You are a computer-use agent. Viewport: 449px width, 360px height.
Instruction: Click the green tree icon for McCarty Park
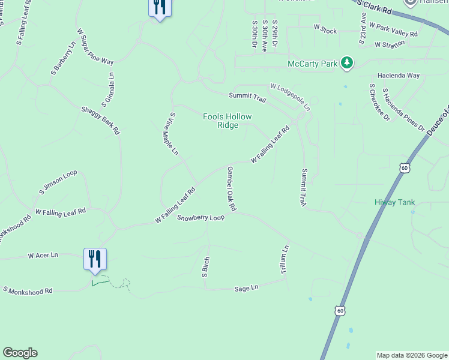[346, 63]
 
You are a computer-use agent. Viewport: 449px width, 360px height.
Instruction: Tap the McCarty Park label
[313, 64]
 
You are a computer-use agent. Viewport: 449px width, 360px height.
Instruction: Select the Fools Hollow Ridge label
[228, 121]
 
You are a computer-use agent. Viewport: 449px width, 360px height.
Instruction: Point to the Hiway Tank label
[394, 203]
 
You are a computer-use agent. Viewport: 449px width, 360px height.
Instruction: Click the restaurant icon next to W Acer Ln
[95, 259]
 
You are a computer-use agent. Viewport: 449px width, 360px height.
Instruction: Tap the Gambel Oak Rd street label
[231, 188]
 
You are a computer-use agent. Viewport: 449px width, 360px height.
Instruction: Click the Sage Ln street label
[246, 289]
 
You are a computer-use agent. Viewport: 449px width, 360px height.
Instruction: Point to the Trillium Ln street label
[286, 260]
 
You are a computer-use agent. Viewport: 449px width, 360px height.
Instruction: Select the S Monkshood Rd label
[28, 290]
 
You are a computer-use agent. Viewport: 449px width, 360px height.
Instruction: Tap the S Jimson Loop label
[58, 182]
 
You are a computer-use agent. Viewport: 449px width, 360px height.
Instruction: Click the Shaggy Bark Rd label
[101, 120]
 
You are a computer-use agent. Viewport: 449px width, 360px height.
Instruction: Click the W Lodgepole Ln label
[290, 97]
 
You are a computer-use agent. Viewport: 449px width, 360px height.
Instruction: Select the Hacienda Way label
[399, 76]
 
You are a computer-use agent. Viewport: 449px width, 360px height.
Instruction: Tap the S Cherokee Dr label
[379, 102]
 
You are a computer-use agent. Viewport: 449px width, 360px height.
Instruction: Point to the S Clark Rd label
[374, 8]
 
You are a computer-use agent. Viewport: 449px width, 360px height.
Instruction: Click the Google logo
[20, 353]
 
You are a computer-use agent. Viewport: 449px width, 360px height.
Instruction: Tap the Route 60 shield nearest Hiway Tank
[405, 169]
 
